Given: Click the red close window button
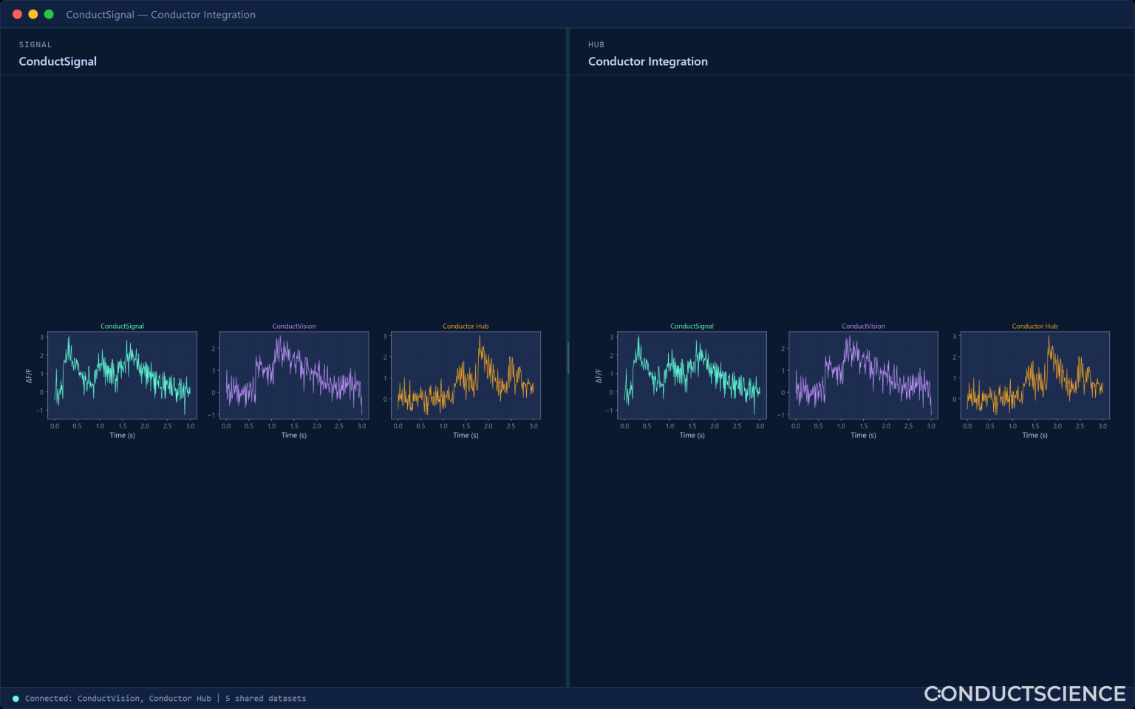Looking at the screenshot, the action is tap(17, 14).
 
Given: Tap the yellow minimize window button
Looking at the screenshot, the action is tap(33, 14).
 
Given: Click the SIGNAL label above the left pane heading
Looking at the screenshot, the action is tap(35, 44).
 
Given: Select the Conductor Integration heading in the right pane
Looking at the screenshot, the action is tap(647, 61).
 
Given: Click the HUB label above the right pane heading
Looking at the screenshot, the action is tap(596, 44).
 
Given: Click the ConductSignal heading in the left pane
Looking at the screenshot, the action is tap(58, 61).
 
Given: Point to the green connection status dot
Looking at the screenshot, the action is tap(16, 699).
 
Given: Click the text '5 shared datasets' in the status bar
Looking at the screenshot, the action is tap(265, 699).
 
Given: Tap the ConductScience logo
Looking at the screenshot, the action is tap(1025, 693).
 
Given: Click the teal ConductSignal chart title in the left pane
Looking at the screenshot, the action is tap(122, 326).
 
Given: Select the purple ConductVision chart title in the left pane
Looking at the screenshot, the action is tap(294, 326).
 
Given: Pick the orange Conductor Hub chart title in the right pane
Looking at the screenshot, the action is tap(1035, 326).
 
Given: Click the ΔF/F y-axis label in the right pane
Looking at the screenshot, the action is tap(599, 376).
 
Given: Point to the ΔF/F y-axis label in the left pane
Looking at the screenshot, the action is tap(29, 376).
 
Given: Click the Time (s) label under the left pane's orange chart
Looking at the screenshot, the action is tap(466, 435).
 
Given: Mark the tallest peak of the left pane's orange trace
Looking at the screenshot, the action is tap(480, 336).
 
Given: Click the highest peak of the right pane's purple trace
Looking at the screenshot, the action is tap(848, 337).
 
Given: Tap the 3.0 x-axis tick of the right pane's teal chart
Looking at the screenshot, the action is tap(760, 426).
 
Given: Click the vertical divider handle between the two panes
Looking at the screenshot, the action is tap(568, 357).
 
